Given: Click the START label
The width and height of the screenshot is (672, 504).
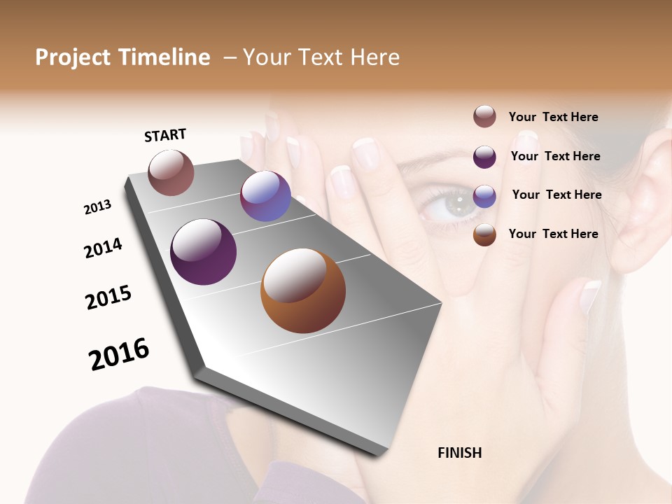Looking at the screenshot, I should pyautogui.click(x=165, y=135).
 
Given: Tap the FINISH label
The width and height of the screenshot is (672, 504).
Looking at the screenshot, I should pyautogui.click(x=460, y=453).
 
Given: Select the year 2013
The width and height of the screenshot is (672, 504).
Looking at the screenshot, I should pyautogui.click(x=97, y=207).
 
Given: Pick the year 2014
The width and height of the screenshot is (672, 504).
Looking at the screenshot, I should pyautogui.click(x=103, y=248).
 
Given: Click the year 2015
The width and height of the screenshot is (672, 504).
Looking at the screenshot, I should pyautogui.click(x=108, y=297).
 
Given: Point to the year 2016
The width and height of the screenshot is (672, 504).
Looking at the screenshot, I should pyautogui.click(x=119, y=354).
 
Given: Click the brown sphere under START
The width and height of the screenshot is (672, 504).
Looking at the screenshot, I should pyautogui.click(x=171, y=173).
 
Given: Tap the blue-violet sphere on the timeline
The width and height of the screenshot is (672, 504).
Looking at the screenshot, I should pyautogui.click(x=265, y=196).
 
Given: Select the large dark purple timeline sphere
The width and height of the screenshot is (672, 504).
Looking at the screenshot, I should pyautogui.click(x=203, y=252).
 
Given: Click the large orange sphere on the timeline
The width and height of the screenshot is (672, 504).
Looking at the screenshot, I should pyautogui.click(x=303, y=290).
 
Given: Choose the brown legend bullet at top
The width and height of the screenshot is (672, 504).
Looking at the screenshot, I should pyautogui.click(x=484, y=116).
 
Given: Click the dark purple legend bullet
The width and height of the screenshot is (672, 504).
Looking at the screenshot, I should pyautogui.click(x=484, y=157).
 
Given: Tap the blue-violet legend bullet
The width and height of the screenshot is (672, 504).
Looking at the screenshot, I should pyautogui.click(x=484, y=196).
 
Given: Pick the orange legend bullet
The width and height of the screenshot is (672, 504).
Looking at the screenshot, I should pyautogui.click(x=484, y=235).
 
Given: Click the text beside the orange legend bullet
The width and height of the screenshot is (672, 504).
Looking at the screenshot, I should pyautogui.click(x=553, y=234).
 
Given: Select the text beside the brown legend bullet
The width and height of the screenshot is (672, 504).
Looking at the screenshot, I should pyautogui.click(x=553, y=117).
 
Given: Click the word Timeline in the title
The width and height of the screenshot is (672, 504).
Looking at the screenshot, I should pyautogui.click(x=164, y=57).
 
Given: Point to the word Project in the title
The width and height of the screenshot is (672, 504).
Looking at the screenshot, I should pyautogui.click(x=73, y=57).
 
